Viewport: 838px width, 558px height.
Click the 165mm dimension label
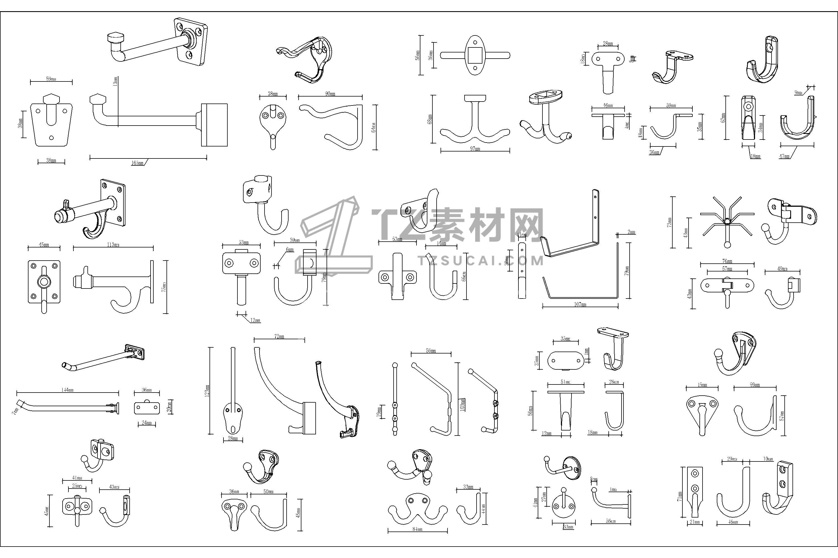[137, 163]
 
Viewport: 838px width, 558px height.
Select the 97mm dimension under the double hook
[475, 149]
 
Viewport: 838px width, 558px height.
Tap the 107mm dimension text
[580, 304]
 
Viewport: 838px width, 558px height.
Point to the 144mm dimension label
[67, 390]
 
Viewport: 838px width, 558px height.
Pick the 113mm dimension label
[113, 245]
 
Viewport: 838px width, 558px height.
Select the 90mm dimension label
[330, 94]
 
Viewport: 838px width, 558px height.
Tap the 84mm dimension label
[417, 529]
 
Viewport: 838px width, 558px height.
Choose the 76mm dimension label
[727, 261]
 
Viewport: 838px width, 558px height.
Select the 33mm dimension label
[468, 487]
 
